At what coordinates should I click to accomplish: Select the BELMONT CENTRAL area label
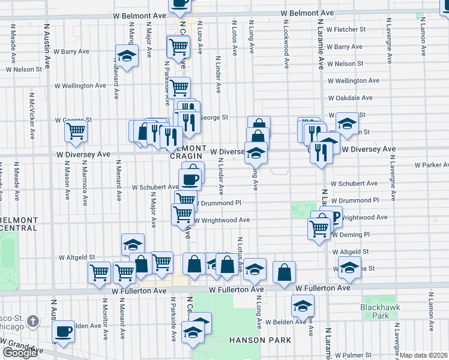(20, 223)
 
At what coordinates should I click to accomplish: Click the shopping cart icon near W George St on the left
(76, 130)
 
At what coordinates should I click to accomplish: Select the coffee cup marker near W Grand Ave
(63, 331)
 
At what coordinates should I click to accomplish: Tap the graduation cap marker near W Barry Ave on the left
(127, 56)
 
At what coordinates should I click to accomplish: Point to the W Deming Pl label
(349, 235)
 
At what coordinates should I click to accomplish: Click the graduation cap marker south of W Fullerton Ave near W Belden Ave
(303, 305)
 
